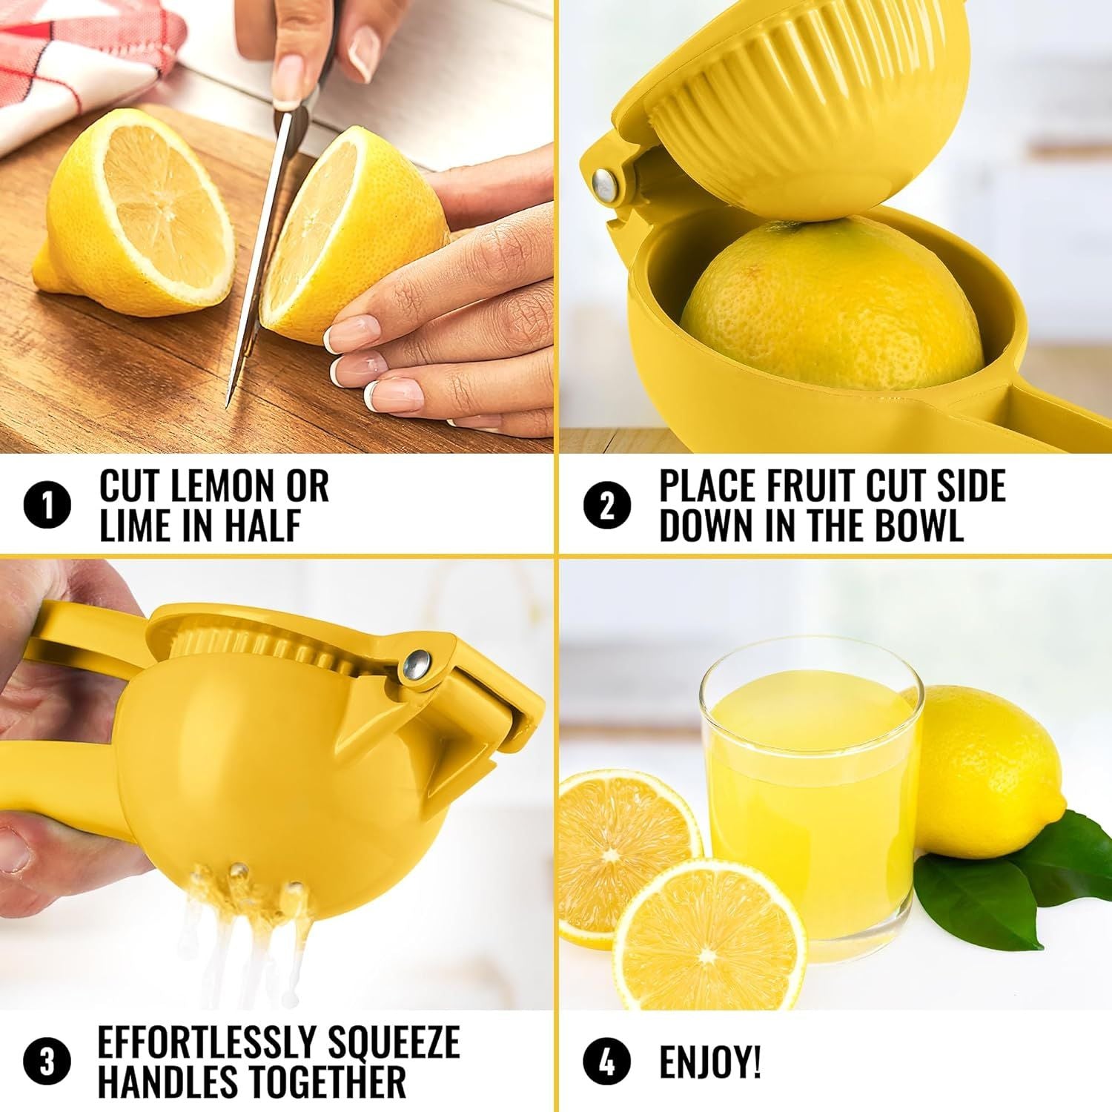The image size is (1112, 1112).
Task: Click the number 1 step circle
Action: click(x=48, y=507)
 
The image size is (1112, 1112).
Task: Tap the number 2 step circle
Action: click(x=607, y=507)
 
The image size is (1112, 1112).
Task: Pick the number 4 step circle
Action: click(x=607, y=1062)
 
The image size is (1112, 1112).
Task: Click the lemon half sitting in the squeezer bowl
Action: click(x=830, y=311)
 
